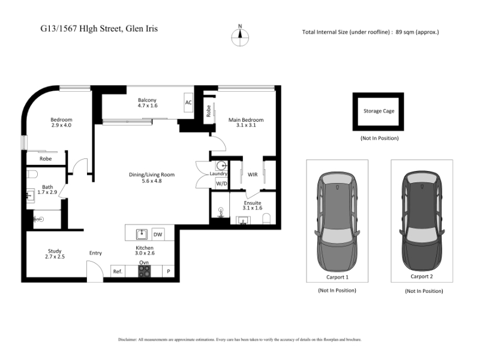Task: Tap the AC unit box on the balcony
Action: click(x=188, y=103)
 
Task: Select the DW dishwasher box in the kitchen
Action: click(x=158, y=235)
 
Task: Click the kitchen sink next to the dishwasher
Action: click(x=142, y=234)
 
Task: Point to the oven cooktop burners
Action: click(x=144, y=271)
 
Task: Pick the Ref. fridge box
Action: click(x=118, y=271)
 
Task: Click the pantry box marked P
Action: click(x=168, y=271)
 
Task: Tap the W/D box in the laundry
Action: click(x=221, y=184)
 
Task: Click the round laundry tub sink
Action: click(x=221, y=166)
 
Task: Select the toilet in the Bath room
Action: click(x=32, y=174)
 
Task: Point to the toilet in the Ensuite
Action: click(x=266, y=219)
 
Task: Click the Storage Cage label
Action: click(x=379, y=111)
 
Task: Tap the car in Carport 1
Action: click(x=337, y=221)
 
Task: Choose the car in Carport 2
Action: click(x=422, y=221)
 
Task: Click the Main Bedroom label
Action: click(x=246, y=119)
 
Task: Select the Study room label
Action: click(x=55, y=251)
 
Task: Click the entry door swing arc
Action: click(x=98, y=267)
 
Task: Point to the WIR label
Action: click(x=253, y=175)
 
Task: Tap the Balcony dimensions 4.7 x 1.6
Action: click(x=147, y=106)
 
